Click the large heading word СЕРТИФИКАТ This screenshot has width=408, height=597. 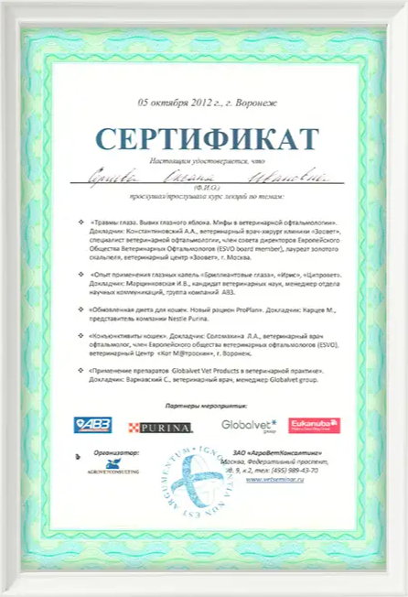203,138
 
